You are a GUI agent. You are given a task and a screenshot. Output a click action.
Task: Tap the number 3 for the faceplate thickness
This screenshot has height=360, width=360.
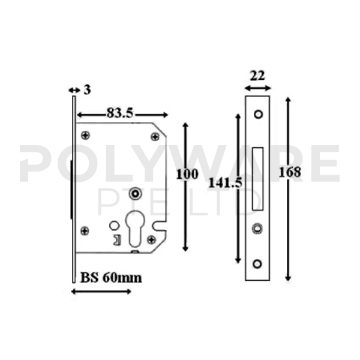point(87,90)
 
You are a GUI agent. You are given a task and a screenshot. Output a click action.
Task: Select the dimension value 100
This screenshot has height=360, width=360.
point(188,175)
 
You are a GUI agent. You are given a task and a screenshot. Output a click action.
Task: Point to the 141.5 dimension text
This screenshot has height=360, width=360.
point(225,183)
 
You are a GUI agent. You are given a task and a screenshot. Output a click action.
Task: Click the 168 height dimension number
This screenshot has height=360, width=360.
point(290,173)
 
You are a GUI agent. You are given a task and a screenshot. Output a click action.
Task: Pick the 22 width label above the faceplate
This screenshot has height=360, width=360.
point(257,75)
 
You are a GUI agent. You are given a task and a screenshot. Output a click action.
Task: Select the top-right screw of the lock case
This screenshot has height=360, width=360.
point(155,136)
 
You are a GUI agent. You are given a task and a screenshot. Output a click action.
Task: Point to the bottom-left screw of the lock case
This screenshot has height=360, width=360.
point(84,230)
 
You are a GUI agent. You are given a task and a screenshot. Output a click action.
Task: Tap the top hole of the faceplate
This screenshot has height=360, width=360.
point(258,113)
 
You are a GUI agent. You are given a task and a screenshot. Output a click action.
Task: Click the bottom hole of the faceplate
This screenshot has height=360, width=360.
point(258,263)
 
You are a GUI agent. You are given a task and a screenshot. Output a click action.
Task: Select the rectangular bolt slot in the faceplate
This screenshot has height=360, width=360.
point(258,179)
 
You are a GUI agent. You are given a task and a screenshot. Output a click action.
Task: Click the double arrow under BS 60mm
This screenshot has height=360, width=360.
point(101,292)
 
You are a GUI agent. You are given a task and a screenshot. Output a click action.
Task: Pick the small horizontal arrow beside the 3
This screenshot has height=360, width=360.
point(74,90)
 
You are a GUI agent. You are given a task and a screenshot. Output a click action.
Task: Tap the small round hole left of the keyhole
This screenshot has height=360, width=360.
point(113,226)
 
